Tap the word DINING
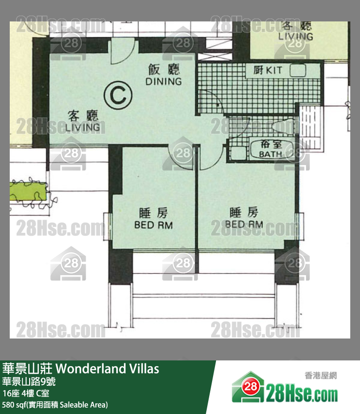[x=163, y=81]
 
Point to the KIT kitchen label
[x=274, y=71]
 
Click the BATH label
[x=270, y=154]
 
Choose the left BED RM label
[x=154, y=225]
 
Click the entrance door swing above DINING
[x=122, y=51]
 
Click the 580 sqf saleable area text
[x=55, y=405]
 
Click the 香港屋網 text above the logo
[x=321, y=376]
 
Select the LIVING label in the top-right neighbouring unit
[x=295, y=37]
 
